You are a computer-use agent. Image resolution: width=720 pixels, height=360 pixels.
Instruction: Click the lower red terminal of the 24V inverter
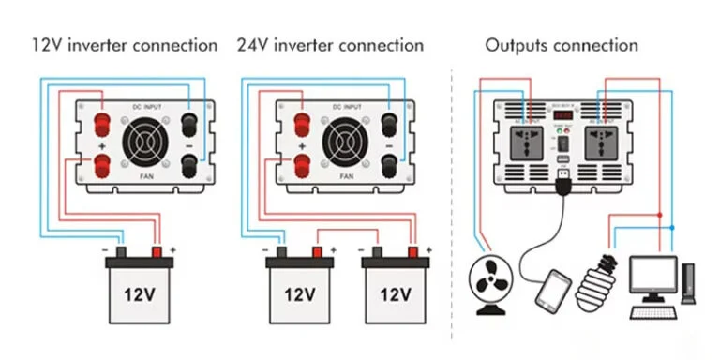(x=302, y=167)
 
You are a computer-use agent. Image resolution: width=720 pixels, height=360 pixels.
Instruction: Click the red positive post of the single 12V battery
(x=157, y=251)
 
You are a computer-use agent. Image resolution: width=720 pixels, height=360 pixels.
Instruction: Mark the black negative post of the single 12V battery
(x=121, y=251)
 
